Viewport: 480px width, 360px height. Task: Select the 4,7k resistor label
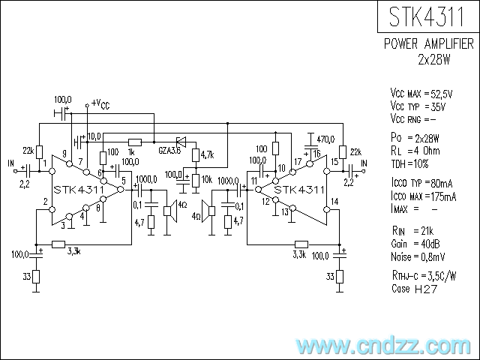pyautogui.click(x=205, y=155)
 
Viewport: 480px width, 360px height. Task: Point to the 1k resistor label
pyautogui.click(x=132, y=151)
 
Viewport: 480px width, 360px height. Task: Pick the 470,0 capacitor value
pyautogui.click(x=325, y=139)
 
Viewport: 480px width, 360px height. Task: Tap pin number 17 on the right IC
pyautogui.click(x=298, y=162)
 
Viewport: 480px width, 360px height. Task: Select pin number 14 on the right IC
pyautogui.click(x=334, y=201)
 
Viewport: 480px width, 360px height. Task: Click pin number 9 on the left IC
pyautogui.click(x=65, y=155)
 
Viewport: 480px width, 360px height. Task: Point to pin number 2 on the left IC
pyautogui.click(x=46, y=201)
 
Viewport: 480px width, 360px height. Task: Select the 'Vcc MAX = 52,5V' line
pyautogui.click(x=421, y=94)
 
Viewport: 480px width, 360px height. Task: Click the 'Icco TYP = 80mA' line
pyautogui.click(x=424, y=184)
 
